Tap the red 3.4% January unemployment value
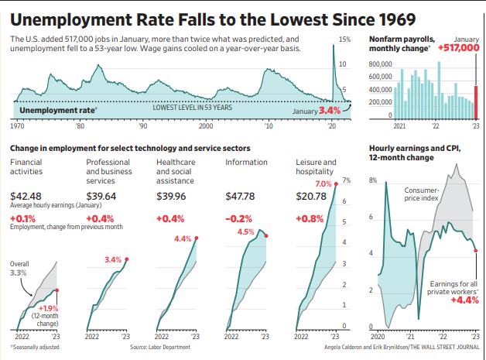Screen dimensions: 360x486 [330, 111]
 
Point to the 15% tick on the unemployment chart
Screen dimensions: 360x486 [344, 38]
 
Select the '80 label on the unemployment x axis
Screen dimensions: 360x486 [80, 125]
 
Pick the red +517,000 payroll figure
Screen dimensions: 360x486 [460, 48]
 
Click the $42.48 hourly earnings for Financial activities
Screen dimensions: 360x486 [26, 197]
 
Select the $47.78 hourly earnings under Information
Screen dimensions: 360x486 [240, 197]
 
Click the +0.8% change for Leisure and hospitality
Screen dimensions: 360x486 [311, 218]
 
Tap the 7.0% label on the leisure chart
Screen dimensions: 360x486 [323, 183]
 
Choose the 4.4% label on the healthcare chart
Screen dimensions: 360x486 [183, 238]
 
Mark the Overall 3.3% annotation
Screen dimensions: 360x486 [20, 268]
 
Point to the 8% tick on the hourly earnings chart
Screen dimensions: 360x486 [372, 180]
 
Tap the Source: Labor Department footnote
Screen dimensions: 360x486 [160, 348]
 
